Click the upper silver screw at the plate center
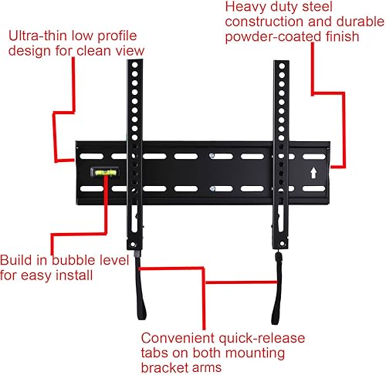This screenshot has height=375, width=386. [212, 157]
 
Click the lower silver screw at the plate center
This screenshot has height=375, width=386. [212, 187]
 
